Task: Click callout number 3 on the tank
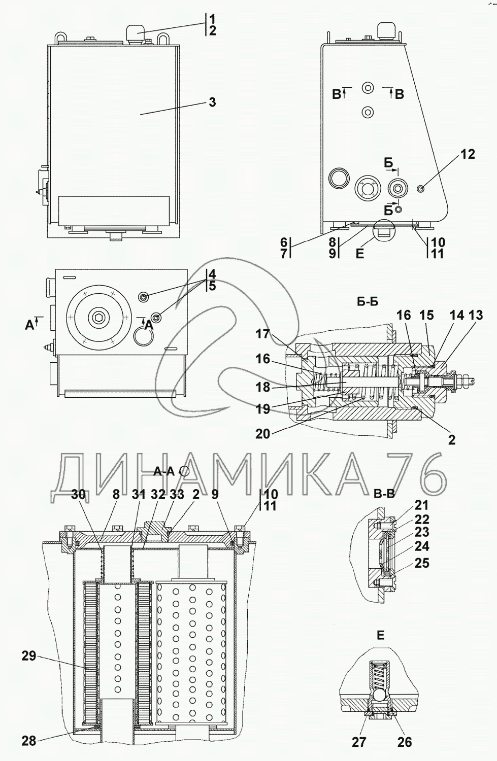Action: pos(212,102)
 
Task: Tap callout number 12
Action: pos(468,154)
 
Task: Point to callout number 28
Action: pos(29,741)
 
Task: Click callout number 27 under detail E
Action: pos(359,742)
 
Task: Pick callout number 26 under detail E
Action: pos(404,742)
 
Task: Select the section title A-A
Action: pos(164,471)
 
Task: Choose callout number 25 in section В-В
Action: pos(421,563)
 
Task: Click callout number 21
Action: pos(421,505)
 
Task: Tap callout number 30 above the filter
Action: pos(78,494)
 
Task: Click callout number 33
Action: pos(177,494)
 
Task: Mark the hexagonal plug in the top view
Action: pos(97,318)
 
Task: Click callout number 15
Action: pos(426,315)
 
